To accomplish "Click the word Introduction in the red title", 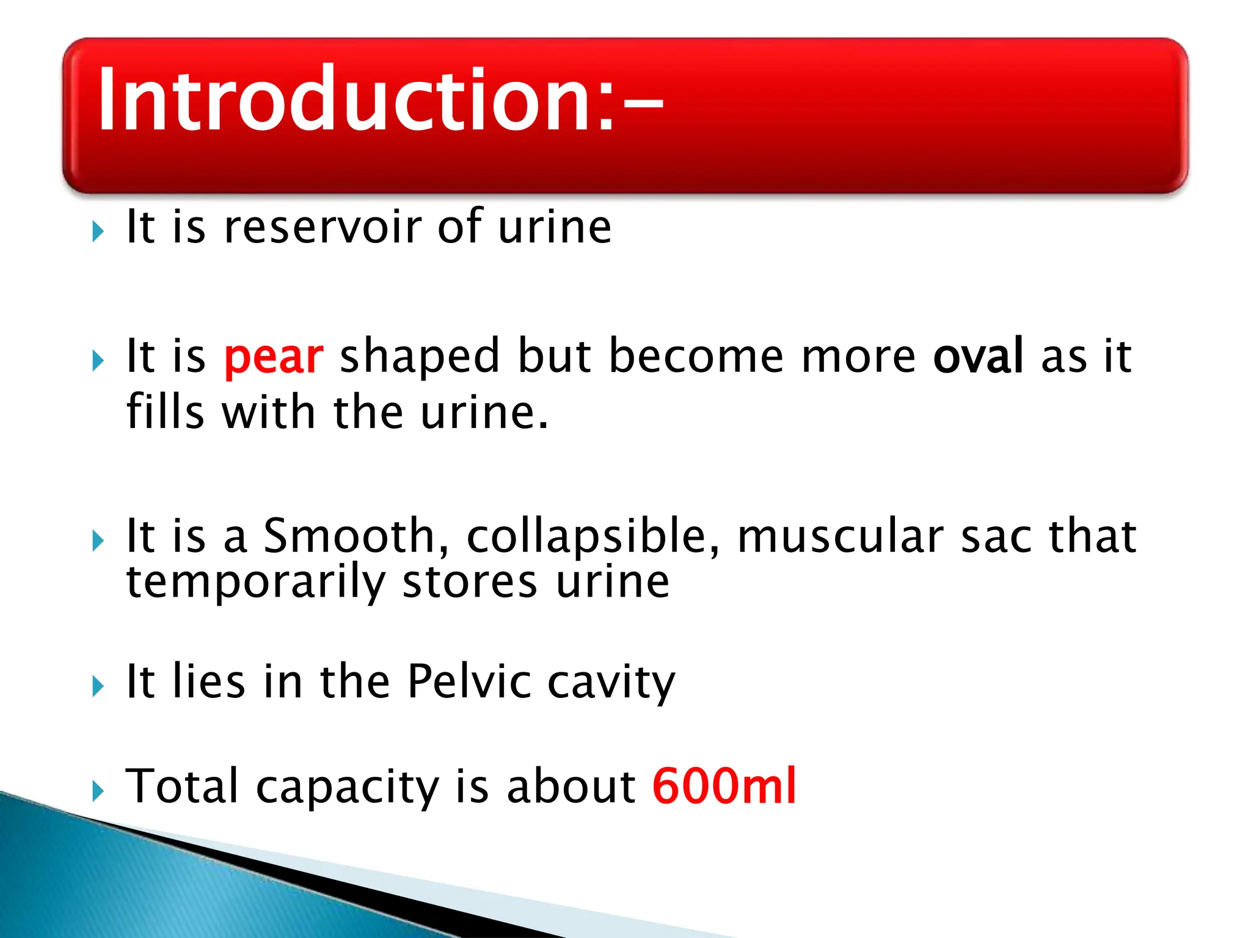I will click(354, 99).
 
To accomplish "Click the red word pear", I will click(274, 357).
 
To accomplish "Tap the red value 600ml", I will click(724, 786).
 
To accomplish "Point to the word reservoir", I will click(323, 227).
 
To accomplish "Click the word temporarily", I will click(255, 583).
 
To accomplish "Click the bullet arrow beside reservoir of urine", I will click(98, 231).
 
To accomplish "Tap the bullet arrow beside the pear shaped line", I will click(98, 361).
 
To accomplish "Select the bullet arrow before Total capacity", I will click(98, 791).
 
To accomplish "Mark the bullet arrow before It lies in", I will click(98, 686).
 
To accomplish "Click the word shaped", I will click(420, 357).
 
